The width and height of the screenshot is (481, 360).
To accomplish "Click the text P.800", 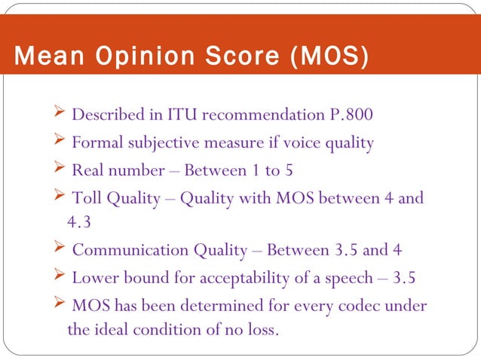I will (x=351, y=115).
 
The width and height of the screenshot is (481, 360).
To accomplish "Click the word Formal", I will (x=96, y=142).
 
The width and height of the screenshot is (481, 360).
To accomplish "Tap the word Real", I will (x=87, y=170).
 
